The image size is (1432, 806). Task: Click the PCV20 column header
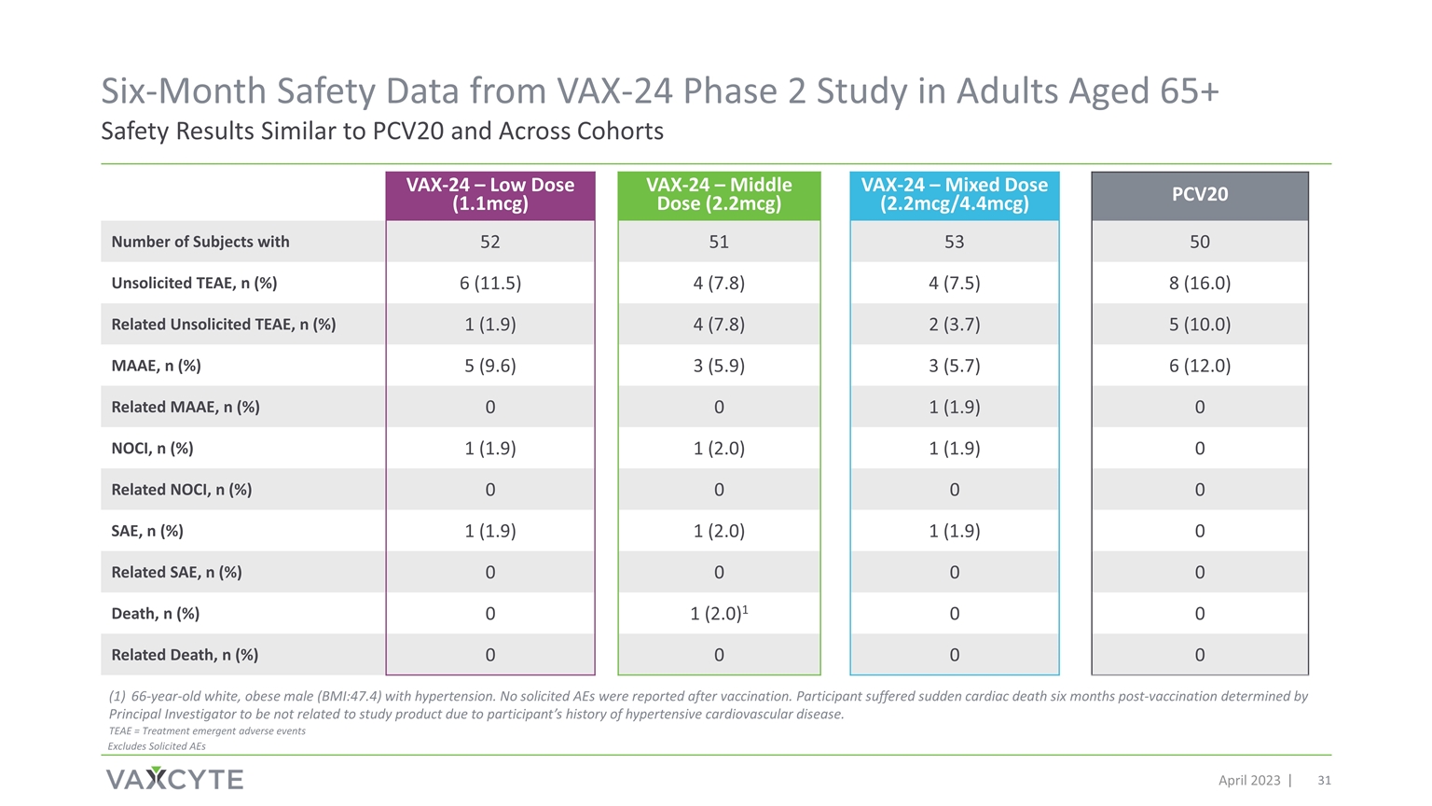[1199, 195]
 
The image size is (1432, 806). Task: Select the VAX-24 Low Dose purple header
[490, 195]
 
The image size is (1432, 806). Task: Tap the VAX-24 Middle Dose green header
[719, 195]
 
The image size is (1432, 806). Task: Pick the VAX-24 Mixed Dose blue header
[955, 195]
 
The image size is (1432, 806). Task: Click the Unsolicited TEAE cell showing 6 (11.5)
[490, 283]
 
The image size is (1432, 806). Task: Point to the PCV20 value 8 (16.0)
[1199, 283]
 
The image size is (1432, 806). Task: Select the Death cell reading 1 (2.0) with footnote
[719, 613]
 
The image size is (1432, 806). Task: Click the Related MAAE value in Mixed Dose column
[955, 407]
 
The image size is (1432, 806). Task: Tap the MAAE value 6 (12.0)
[1199, 366]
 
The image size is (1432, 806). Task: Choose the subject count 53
[955, 242]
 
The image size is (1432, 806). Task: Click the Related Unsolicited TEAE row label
[223, 325]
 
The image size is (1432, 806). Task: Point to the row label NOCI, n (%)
[152, 449]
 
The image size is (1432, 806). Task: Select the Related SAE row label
[176, 572]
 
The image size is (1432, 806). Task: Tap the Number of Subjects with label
[200, 242]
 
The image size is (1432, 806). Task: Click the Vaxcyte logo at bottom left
[174, 779]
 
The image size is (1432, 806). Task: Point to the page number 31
[1324, 781]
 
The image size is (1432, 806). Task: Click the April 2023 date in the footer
[1249, 781]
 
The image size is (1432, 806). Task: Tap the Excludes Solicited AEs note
[157, 746]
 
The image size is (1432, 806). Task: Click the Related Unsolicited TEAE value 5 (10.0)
[1199, 325]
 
